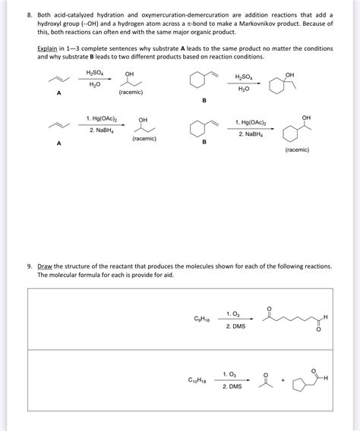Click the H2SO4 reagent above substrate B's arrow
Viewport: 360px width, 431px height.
tap(244, 77)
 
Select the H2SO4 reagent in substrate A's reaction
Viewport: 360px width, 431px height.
tap(94, 74)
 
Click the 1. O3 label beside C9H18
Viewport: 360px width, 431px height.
tap(235, 313)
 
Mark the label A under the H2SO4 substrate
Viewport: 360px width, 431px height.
tap(58, 93)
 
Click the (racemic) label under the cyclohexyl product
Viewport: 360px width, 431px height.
tap(297, 149)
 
